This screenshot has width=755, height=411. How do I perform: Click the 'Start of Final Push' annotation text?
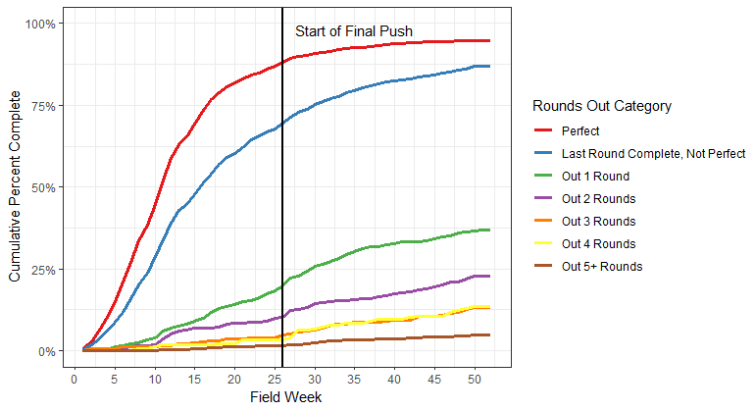(x=354, y=31)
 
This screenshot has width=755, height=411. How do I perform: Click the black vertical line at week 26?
(x=282, y=196)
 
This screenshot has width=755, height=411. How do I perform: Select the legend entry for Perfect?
(x=580, y=129)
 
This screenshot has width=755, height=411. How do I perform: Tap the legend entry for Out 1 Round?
(x=595, y=176)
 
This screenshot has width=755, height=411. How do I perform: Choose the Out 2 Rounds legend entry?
(x=598, y=198)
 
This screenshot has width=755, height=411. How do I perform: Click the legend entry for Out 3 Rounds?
(x=598, y=221)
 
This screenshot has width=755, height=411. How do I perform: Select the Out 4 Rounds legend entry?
(x=598, y=243)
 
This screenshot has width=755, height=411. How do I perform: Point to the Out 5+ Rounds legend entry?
(x=602, y=266)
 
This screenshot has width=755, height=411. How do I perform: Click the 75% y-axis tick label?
(x=48, y=105)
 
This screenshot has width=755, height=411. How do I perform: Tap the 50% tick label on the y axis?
(x=48, y=187)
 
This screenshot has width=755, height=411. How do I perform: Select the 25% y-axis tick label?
(x=48, y=269)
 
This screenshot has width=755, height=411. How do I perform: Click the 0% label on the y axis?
(x=52, y=351)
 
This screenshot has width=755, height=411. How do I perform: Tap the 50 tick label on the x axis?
(x=473, y=379)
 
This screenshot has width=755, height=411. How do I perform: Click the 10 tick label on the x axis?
(x=155, y=379)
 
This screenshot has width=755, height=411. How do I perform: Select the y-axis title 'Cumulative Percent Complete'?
(x=15, y=187)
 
